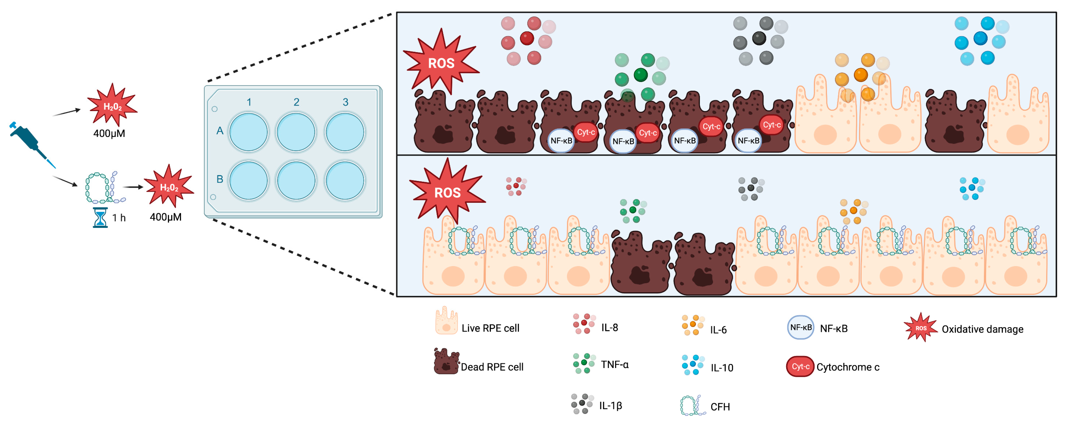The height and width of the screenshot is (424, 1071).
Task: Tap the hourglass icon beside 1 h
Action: (100, 217)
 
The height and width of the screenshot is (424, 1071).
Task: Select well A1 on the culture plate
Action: (249, 132)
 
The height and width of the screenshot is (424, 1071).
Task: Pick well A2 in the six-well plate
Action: (296, 132)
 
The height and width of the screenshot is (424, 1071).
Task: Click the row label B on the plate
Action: (220, 179)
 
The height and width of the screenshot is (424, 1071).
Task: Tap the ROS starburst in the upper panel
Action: (441, 62)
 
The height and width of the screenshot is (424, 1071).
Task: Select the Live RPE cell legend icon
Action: (446, 321)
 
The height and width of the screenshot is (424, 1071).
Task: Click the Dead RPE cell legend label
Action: (492, 367)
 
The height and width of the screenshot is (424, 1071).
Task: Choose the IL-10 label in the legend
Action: (722, 368)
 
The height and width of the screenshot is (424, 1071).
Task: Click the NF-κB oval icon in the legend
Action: (800, 328)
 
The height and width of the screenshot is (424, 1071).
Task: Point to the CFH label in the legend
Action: (720, 407)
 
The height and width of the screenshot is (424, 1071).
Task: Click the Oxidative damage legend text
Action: (982, 329)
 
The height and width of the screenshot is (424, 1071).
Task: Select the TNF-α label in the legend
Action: (614, 365)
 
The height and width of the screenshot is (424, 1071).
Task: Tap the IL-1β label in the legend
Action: (610, 405)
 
